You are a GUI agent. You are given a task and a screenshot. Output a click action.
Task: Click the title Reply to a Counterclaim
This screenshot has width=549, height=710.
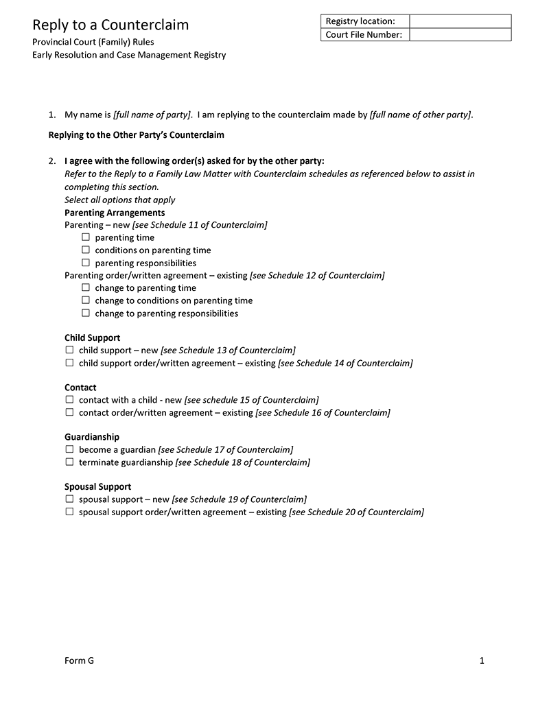pos(110,25)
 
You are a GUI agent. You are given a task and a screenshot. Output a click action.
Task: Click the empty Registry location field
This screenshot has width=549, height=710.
pos(460,21)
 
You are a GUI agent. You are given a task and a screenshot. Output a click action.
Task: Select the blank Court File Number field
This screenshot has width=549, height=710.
pos(460,35)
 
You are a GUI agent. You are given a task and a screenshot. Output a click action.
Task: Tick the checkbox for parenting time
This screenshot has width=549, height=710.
pos(86,237)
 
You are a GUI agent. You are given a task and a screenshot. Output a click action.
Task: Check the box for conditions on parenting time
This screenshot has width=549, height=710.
pos(86,250)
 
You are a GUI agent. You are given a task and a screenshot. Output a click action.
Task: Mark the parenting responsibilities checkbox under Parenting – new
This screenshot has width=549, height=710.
pos(86,263)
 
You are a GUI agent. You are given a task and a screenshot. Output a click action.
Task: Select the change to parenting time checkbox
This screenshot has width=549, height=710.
pos(86,288)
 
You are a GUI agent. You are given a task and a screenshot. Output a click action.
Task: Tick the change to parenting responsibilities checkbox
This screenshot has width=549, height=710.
pos(86,313)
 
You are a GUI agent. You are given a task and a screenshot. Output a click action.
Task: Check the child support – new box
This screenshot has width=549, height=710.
pos(69,350)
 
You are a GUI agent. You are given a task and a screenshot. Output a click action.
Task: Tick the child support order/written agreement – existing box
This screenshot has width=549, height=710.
pos(69,363)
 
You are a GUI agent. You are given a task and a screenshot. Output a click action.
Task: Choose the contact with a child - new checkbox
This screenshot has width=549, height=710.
pos(69,399)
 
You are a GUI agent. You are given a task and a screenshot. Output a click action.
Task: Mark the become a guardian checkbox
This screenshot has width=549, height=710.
pos(69,449)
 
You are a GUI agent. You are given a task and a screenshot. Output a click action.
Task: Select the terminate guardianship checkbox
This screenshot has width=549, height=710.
pos(69,462)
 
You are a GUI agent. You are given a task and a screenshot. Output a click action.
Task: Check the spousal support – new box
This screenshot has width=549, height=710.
pos(69,499)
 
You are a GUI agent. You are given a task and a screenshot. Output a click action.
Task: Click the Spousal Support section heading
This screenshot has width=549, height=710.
pos(97,487)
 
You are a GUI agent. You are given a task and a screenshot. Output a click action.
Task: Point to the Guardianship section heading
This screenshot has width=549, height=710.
pos(92,437)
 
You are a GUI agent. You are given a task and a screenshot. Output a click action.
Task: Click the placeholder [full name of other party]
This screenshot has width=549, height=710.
pos(420,115)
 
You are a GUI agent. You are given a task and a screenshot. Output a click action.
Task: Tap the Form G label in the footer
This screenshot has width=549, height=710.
pos(79,661)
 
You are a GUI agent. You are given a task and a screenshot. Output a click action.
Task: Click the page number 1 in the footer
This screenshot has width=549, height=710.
pos(482,661)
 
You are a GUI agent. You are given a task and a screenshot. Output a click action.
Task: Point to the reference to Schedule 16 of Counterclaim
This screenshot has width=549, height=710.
pos(323,413)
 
